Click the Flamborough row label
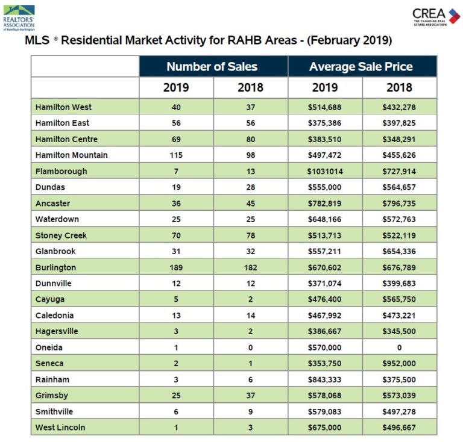[61, 171]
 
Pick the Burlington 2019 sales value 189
[176, 267]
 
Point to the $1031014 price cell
[324, 171]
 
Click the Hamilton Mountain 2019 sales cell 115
[176, 155]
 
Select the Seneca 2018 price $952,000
[399, 364]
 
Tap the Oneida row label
[49, 347]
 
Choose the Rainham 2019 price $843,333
[324, 379]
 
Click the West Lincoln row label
[60, 428]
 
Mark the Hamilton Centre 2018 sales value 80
[250, 139]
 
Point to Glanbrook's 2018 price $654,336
[399, 251]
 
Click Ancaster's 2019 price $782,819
[324, 204]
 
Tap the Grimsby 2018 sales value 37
[250, 396]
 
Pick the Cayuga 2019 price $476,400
[324, 299]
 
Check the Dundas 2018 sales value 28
[250, 187]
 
